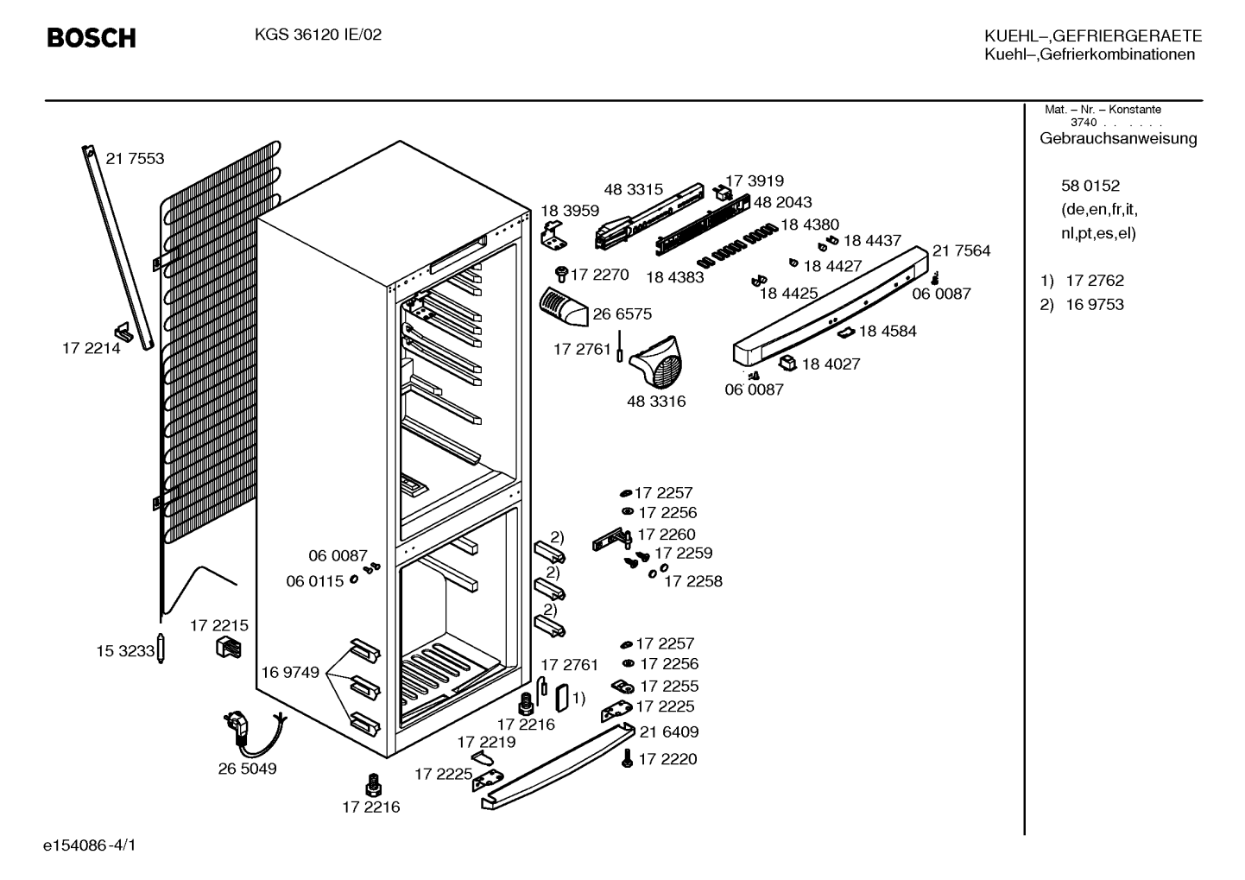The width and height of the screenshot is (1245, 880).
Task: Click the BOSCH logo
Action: [x=92, y=38]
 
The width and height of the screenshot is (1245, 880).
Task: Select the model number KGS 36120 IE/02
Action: [x=318, y=35]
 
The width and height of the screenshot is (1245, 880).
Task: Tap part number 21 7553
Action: [x=135, y=158]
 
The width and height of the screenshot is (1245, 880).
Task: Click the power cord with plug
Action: [x=253, y=733]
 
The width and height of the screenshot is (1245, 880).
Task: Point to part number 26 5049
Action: [x=247, y=769]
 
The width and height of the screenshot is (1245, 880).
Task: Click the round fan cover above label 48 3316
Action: [x=657, y=361]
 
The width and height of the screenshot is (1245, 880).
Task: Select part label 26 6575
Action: [x=622, y=314]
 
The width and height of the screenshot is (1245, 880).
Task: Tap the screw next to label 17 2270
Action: [x=561, y=274]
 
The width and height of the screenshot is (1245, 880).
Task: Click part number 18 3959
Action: [x=570, y=211]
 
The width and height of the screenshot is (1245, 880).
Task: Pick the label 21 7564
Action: [x=962, y=250]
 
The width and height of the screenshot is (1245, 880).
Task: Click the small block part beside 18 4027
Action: [x=788, y=363]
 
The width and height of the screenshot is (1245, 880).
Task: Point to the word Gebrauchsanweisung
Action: [x=1118, y=138]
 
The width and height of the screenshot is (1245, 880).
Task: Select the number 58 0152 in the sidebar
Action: [x=1090, y=185]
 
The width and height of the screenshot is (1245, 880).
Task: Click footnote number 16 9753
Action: [x=1095, y=305]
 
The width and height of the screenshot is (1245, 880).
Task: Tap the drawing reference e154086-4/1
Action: [x=90, y=845]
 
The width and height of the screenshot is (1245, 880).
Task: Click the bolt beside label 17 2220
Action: [x=628, y=758]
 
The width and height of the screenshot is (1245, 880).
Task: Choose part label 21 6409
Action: [x=669, y=731]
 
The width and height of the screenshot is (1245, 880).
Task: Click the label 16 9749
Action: [x=290, y=673]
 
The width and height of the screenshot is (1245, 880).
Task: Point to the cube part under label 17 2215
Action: [x=229, y=648]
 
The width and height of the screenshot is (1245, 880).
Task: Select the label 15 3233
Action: [x=125, y=651]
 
